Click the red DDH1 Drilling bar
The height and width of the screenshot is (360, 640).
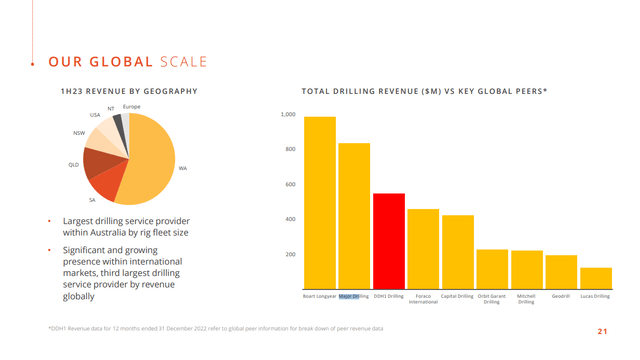pos(389,240)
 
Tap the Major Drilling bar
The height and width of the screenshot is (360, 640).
pos(354,215)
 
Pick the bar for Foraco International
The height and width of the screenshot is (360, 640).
pos(423,248)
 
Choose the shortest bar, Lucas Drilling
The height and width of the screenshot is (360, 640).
pos(596,277)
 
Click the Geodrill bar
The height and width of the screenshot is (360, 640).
pos(561,271)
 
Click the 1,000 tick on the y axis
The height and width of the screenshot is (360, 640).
pos(287,115)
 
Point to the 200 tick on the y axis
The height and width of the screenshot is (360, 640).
pos(289,254)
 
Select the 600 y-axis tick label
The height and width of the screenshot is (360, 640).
pos(289,185)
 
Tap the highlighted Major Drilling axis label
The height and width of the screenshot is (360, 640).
pos(354,296)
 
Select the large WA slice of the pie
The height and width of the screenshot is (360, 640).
pos(150,160)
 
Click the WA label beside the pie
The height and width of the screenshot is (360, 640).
pos(183,169)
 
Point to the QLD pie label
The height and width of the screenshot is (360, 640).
pos(73,164)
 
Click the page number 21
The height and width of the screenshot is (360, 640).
pos(603,331)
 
